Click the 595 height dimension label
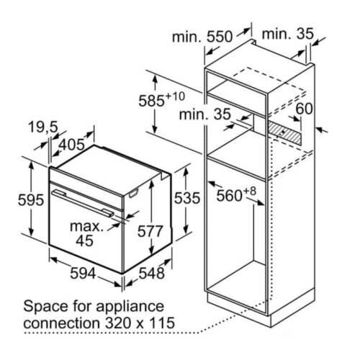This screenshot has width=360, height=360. point(31,199)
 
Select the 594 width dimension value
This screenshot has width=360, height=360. point(83,273)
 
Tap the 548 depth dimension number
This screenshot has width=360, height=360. point(152,273)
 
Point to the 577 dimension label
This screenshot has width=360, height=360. point(150,231)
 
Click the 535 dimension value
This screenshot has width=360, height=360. point(187,198)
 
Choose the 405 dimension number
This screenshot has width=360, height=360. point(72,145)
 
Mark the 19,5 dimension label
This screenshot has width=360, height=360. point(43,127)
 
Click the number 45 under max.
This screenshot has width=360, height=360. point(84,240)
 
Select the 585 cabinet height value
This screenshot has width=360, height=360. point(151,101)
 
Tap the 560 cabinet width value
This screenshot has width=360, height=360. point(229,196)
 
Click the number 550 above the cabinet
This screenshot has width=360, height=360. point(220,37)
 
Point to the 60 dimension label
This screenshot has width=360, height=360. point(304,108)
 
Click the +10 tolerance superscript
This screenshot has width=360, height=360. point(175,96)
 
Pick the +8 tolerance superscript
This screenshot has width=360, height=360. point(250,192)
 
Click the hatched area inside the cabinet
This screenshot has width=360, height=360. point(284,132)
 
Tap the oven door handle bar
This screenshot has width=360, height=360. point(83,203)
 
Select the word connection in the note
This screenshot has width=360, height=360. point(61,323)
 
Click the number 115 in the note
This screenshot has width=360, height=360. point(161,323)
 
